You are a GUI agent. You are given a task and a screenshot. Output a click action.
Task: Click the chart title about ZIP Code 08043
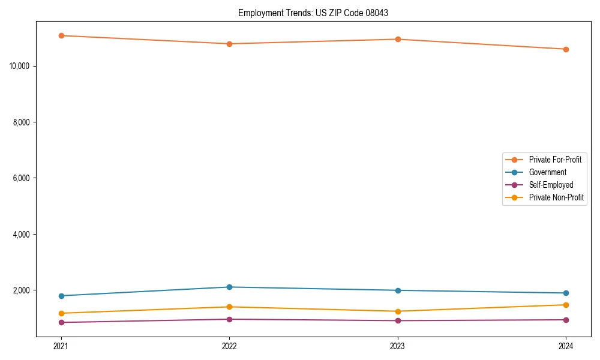point(313,13)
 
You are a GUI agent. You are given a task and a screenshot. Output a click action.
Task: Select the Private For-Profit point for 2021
point(61,35)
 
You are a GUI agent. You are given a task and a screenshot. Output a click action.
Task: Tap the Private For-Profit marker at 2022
point(229,44)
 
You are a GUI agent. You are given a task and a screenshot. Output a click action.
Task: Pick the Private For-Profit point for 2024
point(566,49)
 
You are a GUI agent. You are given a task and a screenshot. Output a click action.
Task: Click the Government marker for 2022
point(229,287)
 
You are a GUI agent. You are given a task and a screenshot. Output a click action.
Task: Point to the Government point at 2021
point(61,296)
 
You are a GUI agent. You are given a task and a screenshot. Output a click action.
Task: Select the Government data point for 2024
point(566,293)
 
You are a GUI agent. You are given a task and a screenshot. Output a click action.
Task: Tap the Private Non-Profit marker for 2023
point(398,311)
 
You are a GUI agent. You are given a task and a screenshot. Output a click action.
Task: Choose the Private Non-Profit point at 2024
point(566,305)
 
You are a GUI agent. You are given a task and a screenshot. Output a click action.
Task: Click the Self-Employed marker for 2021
point(61,322)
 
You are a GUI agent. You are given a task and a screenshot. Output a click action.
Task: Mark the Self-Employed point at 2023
point(398,320)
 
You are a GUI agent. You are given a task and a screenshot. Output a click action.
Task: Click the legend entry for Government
point(547,172)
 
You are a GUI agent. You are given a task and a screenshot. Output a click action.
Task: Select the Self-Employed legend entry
point(551,185)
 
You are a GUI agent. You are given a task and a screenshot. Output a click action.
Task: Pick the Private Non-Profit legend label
point(556,197)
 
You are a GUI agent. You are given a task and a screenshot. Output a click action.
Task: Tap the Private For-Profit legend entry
point(555,160)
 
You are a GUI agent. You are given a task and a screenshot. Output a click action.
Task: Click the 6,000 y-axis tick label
point(22,178)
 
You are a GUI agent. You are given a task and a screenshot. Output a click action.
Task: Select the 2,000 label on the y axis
point(22,290)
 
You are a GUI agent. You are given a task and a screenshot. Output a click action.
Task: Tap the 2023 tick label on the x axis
point(398,346)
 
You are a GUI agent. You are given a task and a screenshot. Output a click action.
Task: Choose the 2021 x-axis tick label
point(61,346)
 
